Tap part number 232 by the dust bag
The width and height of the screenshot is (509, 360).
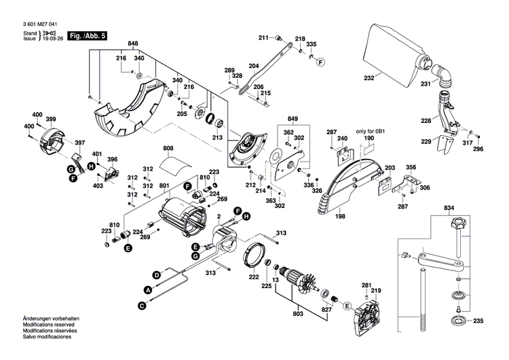[369, 78]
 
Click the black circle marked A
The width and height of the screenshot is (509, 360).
[148, 289]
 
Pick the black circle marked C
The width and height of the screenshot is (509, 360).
[143, 306]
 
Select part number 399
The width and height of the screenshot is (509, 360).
[50, 120]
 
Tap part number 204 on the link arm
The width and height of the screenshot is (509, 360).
[254, 66]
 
